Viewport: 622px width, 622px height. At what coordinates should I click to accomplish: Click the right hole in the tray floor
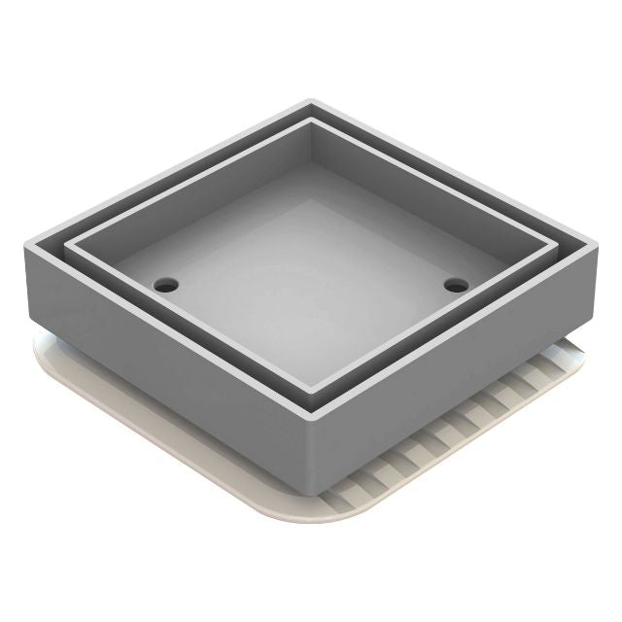pyautogui.click(x=455, y=285)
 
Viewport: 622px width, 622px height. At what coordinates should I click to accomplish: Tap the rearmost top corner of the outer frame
pyautogui.click(x=311, y=100)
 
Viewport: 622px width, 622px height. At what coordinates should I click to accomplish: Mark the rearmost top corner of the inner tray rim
pyautogui.click(x=311, y=121)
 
